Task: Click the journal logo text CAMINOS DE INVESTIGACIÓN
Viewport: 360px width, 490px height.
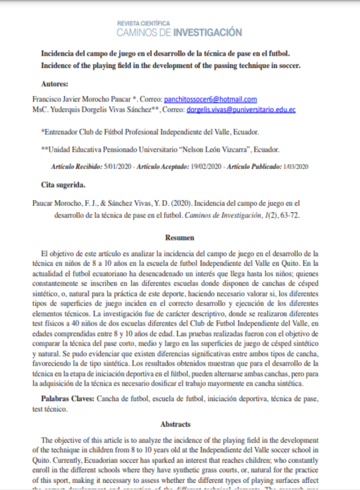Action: click(x=179, y=32)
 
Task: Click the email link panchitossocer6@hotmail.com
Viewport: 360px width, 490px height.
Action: click(x=210, y=99)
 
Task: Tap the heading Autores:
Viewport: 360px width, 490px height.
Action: click(x=54, y=84)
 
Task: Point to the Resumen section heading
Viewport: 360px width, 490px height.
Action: click(x=180, y=237)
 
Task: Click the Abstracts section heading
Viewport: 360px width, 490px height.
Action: click(x=175, y=424)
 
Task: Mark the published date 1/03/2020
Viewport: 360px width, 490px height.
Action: click(x=296, y=167)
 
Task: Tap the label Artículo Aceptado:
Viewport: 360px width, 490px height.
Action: click(x=163, y=167)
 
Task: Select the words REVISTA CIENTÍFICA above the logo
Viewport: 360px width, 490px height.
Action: click(x=144, y=23)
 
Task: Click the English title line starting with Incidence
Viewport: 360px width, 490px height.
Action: click(x=170, y=66)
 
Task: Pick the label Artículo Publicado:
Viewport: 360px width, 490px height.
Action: click(x=254, y=167)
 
